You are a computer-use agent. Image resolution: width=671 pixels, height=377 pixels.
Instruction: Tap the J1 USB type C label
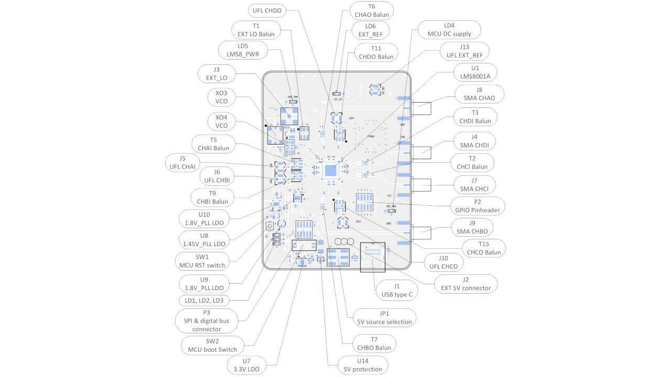[x=397, y=290]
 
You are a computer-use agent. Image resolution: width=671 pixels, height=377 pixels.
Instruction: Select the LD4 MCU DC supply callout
[x=449, y=29]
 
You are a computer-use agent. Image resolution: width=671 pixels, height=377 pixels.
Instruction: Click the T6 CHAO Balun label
[x=371, y=10]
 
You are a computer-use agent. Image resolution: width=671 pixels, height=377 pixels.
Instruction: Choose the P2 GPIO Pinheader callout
[x=478, y=205]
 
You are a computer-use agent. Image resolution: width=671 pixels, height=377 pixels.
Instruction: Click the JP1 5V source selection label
[x=385, y=317]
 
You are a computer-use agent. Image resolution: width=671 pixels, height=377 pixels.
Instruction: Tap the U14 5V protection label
[x=363, y=365]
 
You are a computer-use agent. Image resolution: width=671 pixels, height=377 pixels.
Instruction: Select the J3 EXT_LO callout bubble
[x=217, y=73]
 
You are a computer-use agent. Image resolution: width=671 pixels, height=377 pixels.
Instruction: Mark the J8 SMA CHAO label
[x=479, y=94]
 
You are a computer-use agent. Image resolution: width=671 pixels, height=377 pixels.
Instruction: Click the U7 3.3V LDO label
[x=246, y=365]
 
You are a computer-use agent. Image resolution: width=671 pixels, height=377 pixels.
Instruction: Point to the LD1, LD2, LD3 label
[x=204, y=301]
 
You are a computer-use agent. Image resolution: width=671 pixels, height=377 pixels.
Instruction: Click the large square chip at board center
[x=331, y=170]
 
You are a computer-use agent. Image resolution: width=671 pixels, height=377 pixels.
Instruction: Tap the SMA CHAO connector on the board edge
[x=421, y=109]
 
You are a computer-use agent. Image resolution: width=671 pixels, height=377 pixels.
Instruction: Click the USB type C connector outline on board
[x=373, y=257]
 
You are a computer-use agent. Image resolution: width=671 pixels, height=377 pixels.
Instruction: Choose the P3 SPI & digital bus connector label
[x=206, y=320]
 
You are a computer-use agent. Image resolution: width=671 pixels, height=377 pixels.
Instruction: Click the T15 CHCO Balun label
[x=484, y=248]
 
